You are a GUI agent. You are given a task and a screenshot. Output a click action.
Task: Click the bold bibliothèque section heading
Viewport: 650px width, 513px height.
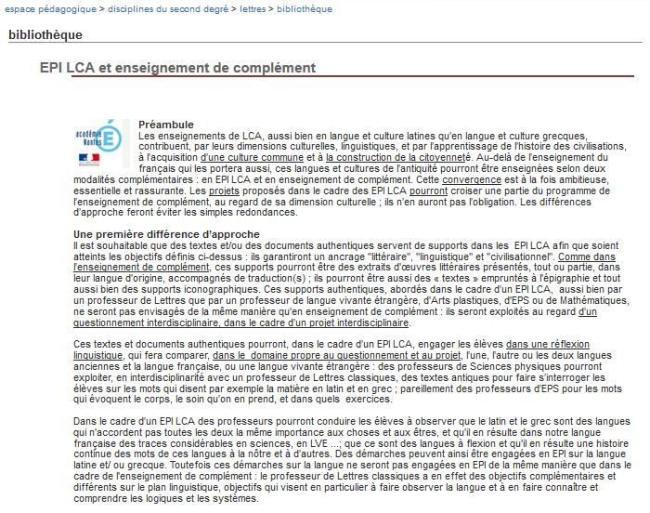click(x=45, y=35)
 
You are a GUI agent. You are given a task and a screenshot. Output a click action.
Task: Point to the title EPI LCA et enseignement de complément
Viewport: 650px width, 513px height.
click(x=177, y=68)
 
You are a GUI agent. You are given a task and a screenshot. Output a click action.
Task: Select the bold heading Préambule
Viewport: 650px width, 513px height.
click(x=166, y=125)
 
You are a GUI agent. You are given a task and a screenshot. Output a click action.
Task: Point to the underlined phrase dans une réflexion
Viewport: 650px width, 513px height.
click(x=548, y=345)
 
